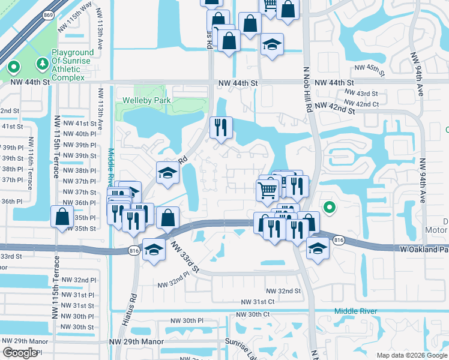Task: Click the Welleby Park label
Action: (x=146, y=101)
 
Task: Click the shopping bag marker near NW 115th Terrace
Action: (x=62, y=217)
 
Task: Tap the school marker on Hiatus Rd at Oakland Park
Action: (x=154, y=248)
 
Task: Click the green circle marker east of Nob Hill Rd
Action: (x=329, y=208)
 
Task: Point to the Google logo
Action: (x=20, y=353)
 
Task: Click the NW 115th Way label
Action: (x=75, y=23)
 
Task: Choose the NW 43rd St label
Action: (x=361, y=94)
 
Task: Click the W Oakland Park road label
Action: (x=424, y=248)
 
